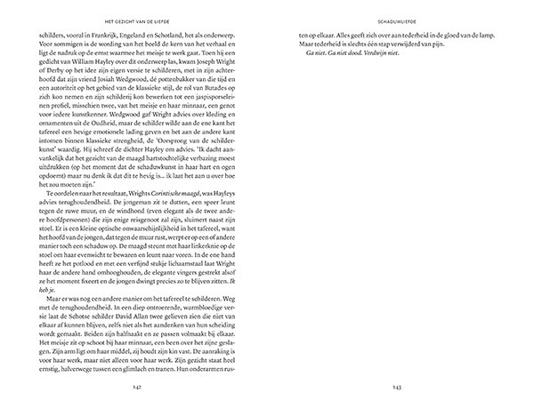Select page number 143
pyautogui.click(x=397, y=389)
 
